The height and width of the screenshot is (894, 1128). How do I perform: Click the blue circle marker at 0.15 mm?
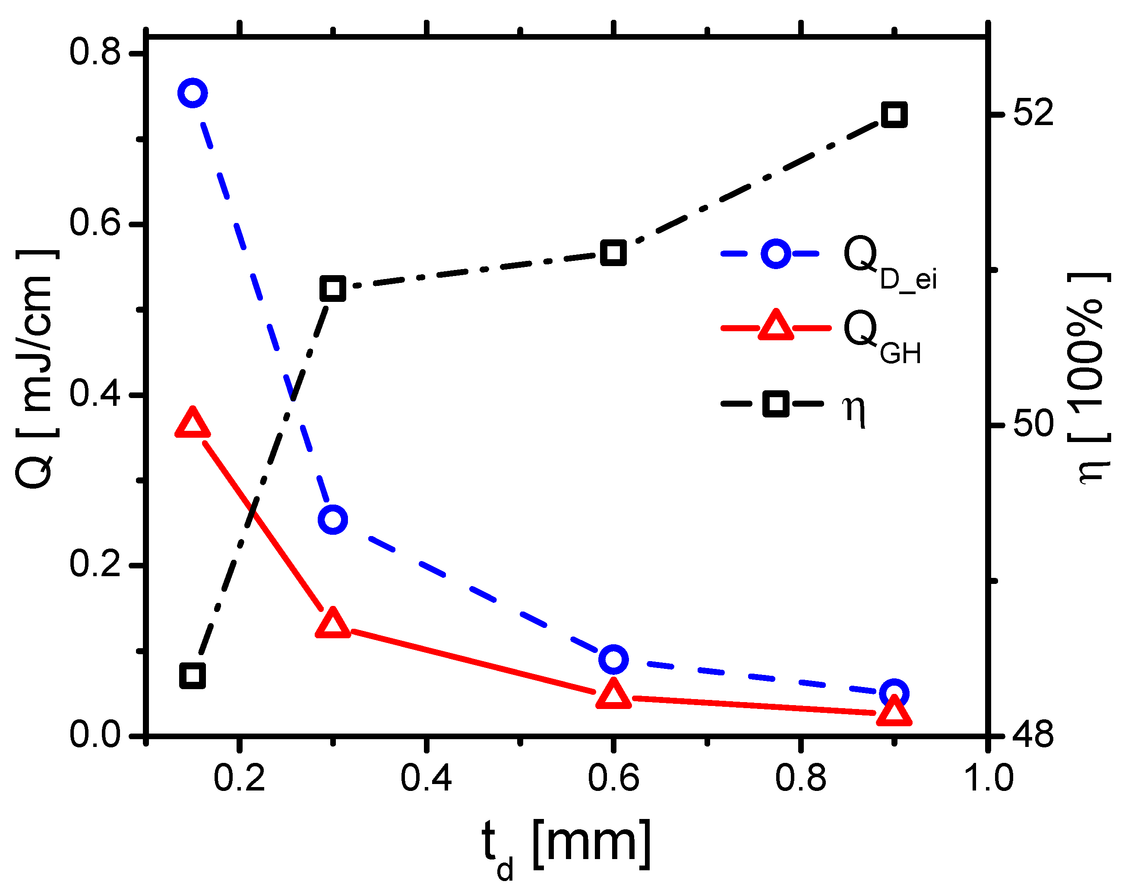(193, 94)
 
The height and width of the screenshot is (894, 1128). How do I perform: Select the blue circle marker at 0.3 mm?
(333, 520)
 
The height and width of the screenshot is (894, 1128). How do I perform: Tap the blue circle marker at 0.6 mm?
(613, 659)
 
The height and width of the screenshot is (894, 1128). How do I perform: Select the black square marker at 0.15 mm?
(193, 675)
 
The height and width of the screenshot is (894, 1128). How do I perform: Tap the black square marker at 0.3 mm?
(333, 289)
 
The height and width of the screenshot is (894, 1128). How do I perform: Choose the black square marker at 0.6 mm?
(613, 254)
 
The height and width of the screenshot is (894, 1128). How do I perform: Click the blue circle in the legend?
(775, 254)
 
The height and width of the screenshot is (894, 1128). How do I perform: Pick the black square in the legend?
(775, 404)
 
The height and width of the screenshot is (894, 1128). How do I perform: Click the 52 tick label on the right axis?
(1033, 113)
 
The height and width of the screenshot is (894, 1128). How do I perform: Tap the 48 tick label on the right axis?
(1033, 734)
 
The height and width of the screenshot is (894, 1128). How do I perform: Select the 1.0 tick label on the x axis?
(988, 778)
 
